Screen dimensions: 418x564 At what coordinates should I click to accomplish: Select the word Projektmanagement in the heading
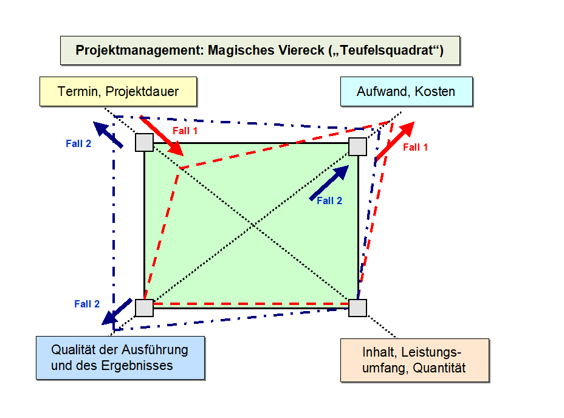click(x=139, y=50)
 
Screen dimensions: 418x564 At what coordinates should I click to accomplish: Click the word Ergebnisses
click(x=139, y=366)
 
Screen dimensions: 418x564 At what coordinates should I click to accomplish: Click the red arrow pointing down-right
click(x=161, y=135)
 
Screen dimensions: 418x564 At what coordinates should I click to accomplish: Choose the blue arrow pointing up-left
click(x=108, y=134)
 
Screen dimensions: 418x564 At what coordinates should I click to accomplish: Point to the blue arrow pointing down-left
click(x=117, y=312)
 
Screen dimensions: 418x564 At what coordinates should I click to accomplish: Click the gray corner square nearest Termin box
click(x=144, y=142)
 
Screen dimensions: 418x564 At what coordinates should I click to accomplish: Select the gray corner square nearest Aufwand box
click(x=357, y=147)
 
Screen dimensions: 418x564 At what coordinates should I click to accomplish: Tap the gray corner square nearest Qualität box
click(x=144, y=308)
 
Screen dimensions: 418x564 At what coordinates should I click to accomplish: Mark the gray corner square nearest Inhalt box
click(x=357, y=308)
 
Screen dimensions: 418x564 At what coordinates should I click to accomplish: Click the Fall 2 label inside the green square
click(x=329, y=201)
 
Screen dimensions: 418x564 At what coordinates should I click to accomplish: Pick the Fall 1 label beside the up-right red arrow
click(x=415, y=148)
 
